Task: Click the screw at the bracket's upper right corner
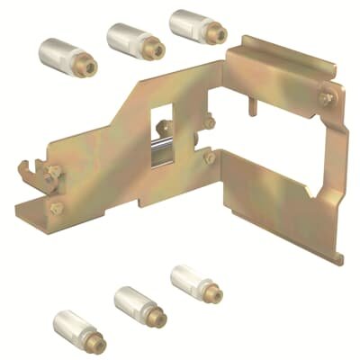tap(327, 92)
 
